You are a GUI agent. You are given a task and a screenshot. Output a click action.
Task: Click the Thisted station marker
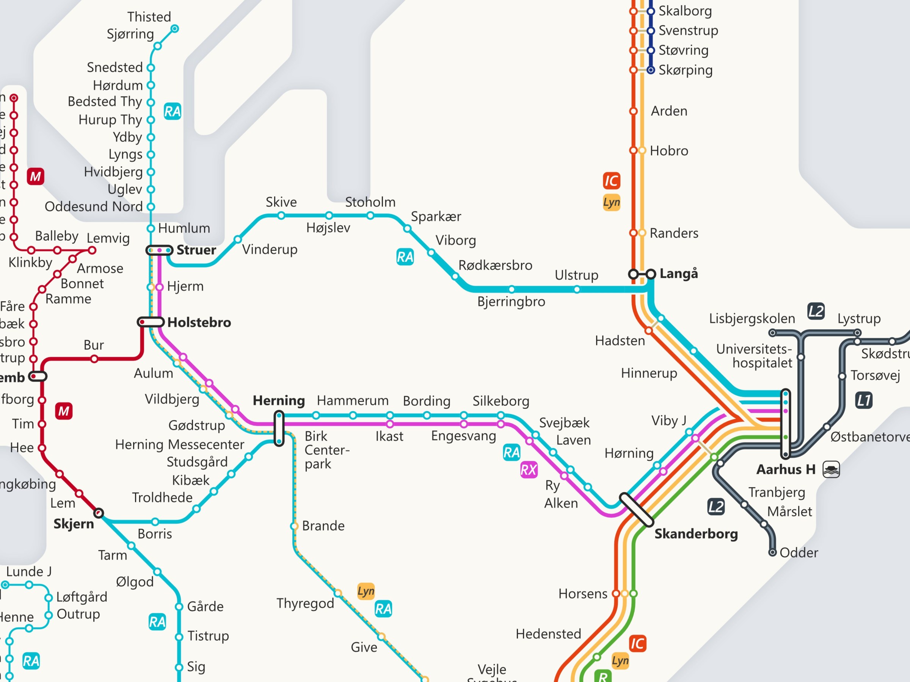(175, 29)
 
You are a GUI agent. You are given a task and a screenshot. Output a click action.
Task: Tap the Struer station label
(196, 250)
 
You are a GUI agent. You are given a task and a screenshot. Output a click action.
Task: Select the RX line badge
(529, 469)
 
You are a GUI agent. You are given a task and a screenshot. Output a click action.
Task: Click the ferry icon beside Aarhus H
(831, 469)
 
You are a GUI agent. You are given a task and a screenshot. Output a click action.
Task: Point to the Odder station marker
(773, 552)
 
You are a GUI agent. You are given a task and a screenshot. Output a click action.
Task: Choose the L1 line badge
(864, 400)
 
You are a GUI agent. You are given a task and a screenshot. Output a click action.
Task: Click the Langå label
(679, 274)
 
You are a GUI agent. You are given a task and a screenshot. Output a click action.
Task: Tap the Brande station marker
(295, 526)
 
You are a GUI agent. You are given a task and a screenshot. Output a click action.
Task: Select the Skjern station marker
(99, 513)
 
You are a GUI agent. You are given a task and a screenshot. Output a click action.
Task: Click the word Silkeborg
(500, 401)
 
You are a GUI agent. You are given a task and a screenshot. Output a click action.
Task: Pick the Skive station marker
(281, 216)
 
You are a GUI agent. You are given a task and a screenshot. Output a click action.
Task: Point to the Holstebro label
(199, 322)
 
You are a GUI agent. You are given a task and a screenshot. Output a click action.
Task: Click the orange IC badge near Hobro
(612, 180)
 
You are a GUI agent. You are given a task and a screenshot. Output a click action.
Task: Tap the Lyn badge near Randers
(612, 202)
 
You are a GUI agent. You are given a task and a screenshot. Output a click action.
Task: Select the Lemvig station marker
(92, 250)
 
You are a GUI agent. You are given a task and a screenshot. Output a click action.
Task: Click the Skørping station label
(686, 70)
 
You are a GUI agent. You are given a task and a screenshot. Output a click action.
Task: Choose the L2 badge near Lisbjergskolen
(816, 311)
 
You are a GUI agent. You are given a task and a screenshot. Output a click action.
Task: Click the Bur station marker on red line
(94, 359)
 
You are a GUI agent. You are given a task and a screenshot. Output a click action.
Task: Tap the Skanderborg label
(696, 533)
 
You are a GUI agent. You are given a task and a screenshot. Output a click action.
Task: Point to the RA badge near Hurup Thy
(173, 111)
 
